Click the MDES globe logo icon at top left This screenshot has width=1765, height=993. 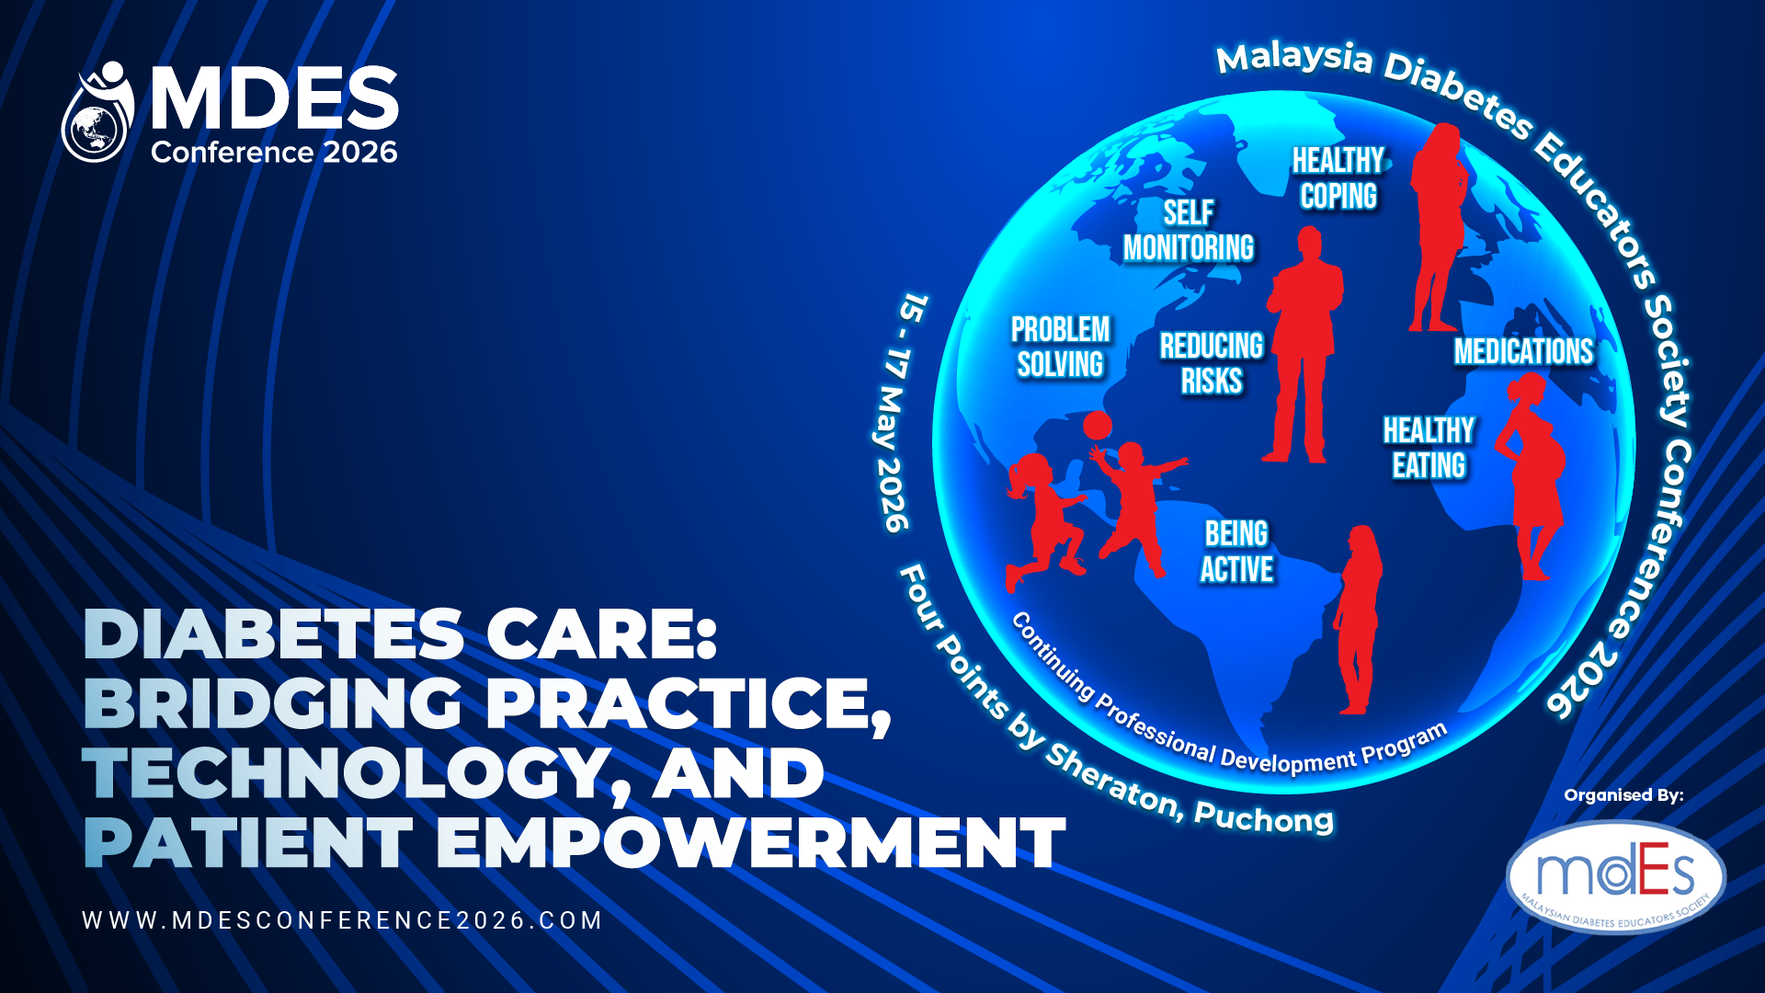pyautogui.click(x=98, y=112)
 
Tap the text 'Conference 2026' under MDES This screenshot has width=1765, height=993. pyautogui.click(x=274, y=152)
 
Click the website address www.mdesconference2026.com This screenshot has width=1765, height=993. pyautogui.click(x=342, y=920)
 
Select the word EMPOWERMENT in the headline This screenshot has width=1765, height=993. pyautogui.click(x=750, y=842)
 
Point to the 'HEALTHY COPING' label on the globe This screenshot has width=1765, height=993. pyautogui.click(x=1338, y=178)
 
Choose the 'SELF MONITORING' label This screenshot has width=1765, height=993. pyautogui.click(x=1189, y=230)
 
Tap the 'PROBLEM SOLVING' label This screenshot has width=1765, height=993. pyautogui.click(x=1061, y=347)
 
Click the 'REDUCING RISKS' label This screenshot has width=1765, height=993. pyautogui.click(x=1212, y=363)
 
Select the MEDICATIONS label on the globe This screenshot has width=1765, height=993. pyautogui.click(x=1523, y=351)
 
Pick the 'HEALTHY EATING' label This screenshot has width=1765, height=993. pyautogui.click(x=1429, y=448)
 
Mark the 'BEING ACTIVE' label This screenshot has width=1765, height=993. pyautogui.click(x=1236, y=552)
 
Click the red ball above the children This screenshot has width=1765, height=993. pyautogui.click(x=1097, y=425)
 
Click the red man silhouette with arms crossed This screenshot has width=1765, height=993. pyautogui.click(x=1304, y=346)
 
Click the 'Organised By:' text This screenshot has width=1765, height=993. pyautogui.click(x=1623, y=795)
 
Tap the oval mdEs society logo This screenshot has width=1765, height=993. pyautogui.click(x=1616, y=877)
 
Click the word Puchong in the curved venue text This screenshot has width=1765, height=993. pyautogui.click(x=1263, y=816)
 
